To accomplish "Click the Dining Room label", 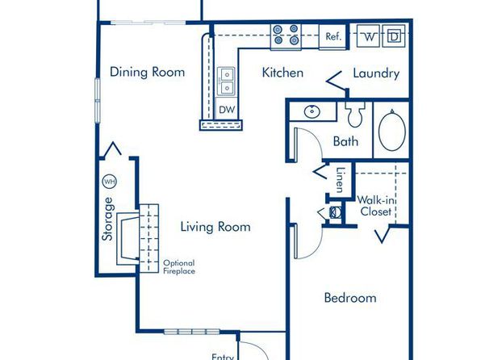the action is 147,72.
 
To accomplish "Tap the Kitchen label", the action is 282,73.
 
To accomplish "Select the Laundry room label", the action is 376,73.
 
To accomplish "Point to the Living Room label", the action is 215,227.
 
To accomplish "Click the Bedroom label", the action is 350,298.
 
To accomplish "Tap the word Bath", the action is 345,141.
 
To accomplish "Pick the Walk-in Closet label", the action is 376,206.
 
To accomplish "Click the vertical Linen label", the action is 340,180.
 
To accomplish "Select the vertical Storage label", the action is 107,219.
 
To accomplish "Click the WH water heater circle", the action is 109,182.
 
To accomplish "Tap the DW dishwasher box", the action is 228,109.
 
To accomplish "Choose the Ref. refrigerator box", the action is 333,37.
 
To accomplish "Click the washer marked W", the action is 369,36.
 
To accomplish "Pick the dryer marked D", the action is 394,36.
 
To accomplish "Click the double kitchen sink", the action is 227,81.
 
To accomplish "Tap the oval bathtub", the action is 392,130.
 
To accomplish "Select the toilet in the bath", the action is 355,114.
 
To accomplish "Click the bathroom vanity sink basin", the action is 312,112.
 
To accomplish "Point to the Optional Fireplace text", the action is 179,267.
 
